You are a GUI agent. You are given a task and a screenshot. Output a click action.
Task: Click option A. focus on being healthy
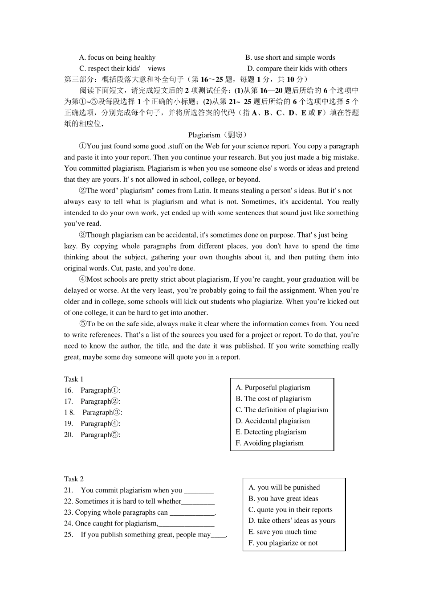[x=117, y=57]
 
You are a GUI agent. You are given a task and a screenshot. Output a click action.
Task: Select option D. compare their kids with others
[x=297, y=69]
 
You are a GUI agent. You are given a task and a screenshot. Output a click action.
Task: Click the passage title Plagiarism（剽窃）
[x=218, y=135]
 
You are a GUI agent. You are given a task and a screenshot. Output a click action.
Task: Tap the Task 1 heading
[x=73, y=379]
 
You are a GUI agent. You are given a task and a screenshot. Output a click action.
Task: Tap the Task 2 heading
[x=73, y=479]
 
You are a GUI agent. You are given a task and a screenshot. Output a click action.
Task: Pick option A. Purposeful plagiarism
[x=273, y=388]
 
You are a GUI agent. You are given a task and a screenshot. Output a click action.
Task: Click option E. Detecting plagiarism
[x=271, y=432]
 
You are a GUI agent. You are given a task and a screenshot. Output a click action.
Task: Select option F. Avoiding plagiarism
[x=269, y=443]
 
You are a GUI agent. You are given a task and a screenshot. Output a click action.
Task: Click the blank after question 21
[x=199, y=491]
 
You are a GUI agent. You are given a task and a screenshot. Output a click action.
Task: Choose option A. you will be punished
[x=284, y=488]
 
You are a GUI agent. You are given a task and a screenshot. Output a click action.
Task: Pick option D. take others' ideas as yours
[x=292, y=521]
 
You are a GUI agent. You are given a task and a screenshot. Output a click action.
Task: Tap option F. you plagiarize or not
[x=283, y=543]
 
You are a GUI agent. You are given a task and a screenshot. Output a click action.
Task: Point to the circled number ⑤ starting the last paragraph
[x=82, y=324]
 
